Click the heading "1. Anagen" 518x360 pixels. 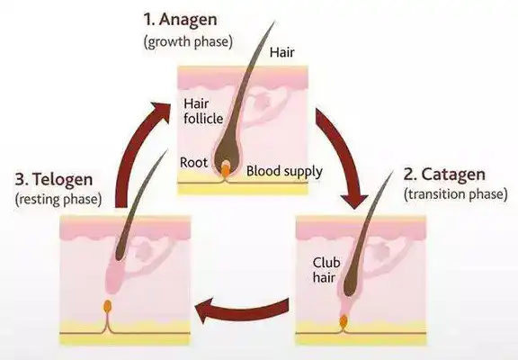coord(181,20)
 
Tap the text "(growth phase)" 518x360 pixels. coord(188,42)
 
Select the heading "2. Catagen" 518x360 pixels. coord(444,175)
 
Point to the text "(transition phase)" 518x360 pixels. coord(456,194)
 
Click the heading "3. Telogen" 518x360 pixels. coord(54,180)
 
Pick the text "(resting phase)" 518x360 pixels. coord(58,199)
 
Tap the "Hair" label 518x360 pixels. coord(281,52)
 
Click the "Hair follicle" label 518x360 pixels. coord(203,112)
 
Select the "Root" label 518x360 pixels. coord(193,163)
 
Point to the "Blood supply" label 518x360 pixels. coord(284,172)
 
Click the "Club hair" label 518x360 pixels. coord(326,270)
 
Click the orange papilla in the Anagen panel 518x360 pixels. coord(226,169)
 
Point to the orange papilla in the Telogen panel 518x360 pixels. coord(107,306)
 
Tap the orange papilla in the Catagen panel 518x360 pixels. coord(344,320)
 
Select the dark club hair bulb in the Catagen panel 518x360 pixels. coord(352,284)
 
